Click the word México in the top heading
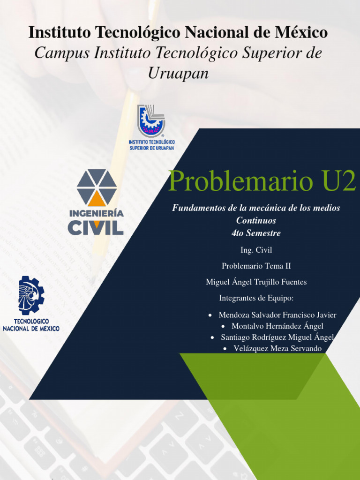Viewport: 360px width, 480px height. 302,33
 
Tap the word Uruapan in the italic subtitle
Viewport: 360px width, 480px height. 178,74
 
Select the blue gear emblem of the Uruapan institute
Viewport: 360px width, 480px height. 151,120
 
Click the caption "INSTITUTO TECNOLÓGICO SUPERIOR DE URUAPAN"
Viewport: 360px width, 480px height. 151,144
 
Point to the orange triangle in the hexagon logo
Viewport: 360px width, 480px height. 97,198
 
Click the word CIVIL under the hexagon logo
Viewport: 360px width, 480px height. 96,227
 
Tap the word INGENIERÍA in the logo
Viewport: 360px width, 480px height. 97,213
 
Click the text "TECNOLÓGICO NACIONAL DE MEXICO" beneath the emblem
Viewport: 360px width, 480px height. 31,325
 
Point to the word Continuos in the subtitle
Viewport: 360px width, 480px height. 256,220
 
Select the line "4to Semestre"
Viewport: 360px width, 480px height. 256,233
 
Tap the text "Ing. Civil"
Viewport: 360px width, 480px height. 256,250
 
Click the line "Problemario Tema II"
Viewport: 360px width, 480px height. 256,266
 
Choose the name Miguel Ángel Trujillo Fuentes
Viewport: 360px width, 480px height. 256,282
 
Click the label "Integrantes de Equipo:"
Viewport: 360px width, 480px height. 256,298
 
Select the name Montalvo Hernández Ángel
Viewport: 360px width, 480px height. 277,326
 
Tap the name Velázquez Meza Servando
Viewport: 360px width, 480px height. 277,349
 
